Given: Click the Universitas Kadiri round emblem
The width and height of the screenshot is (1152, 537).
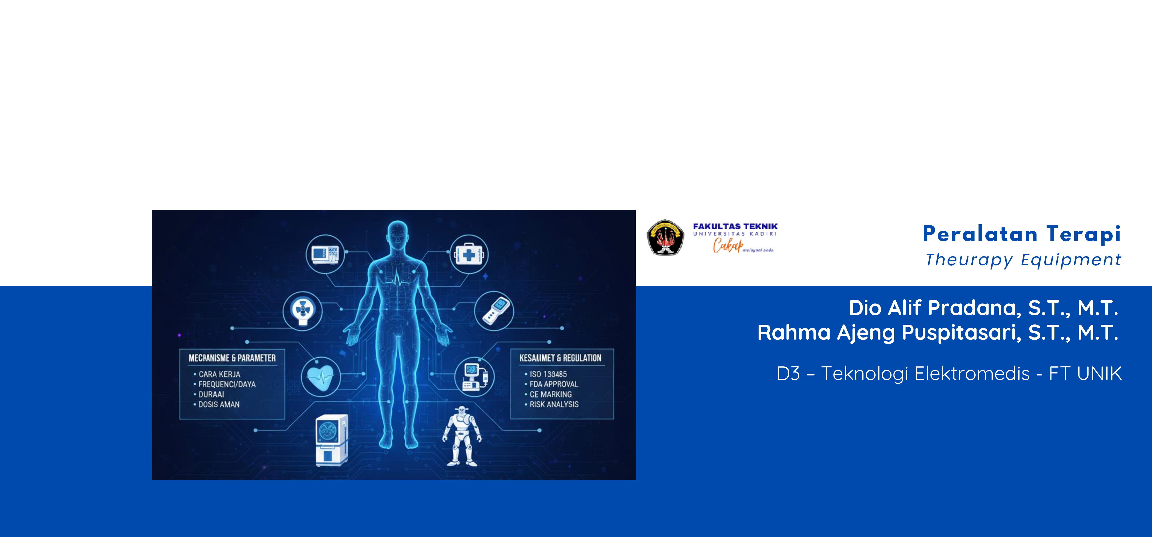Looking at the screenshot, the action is coord(665,238).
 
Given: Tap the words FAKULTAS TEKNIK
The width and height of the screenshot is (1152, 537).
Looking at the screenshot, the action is coord(735,227).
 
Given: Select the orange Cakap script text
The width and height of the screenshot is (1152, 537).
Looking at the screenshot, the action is coord(728,245).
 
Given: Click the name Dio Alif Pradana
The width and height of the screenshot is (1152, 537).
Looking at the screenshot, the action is coord(934,308).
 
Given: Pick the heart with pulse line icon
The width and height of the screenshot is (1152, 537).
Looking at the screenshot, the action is coord(320,377).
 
